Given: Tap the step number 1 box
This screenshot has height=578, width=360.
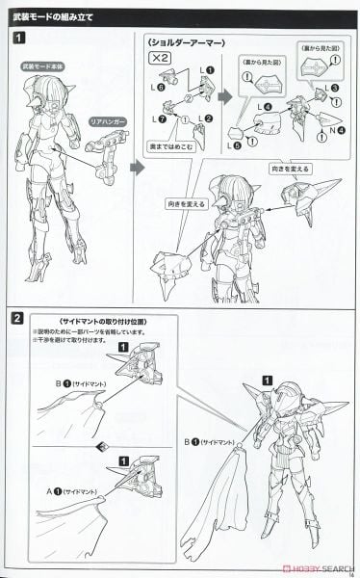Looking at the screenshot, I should tap(20, 39).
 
